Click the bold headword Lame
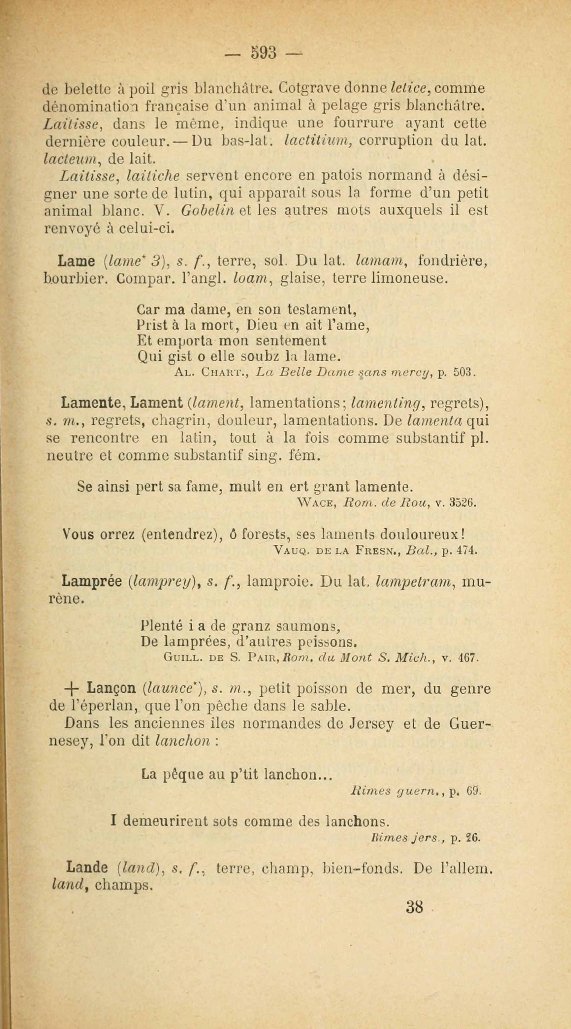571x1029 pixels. coord(76,261)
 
